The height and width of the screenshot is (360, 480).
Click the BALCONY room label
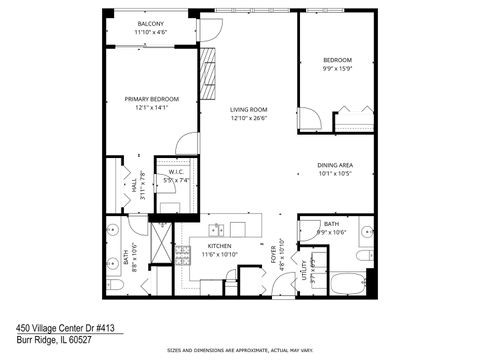151,23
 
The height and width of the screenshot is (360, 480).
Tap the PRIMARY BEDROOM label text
151,99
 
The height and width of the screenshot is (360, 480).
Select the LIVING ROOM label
247,110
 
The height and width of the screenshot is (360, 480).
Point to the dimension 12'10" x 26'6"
247,119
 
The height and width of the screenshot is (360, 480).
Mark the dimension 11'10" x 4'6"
151,32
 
